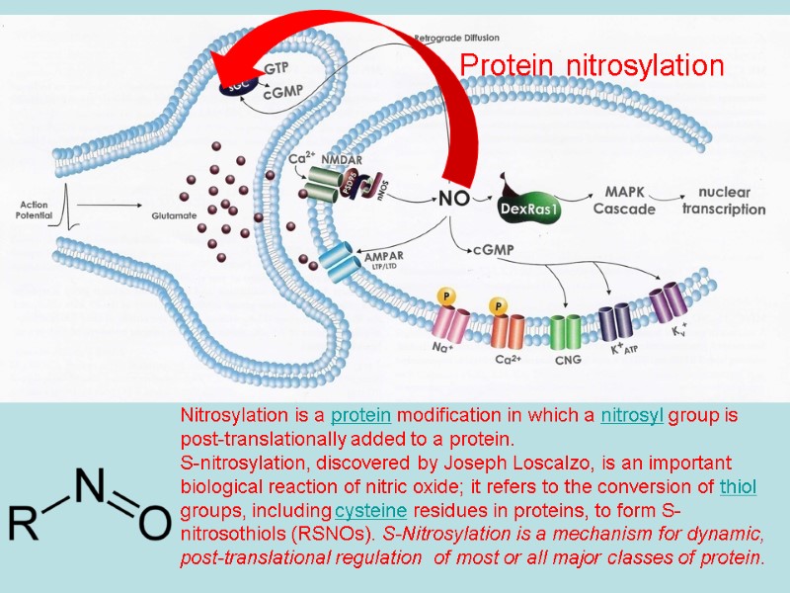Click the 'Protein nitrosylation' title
pyautogui.click(x=592, y=66)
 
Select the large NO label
pyautogui.click(x=453, y=198)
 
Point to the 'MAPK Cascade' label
pyautogui.click(x=624, y=200)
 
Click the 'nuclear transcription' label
pyautogui.click(x=731, y=200)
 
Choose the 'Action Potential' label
pyautogui.click(x=33, y=211)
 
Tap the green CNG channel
pyautogui.click(x=566, y=332)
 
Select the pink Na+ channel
pyautogui.click(x=452, y=324)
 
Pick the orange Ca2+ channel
pyautogui.click(x=508, y=328)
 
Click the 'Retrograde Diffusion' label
pyautogui.click(x=456, y=38)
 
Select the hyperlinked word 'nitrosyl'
pyautogui.click(x=632, y=415)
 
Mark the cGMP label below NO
pyautogui.click(x=494, y=251)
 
